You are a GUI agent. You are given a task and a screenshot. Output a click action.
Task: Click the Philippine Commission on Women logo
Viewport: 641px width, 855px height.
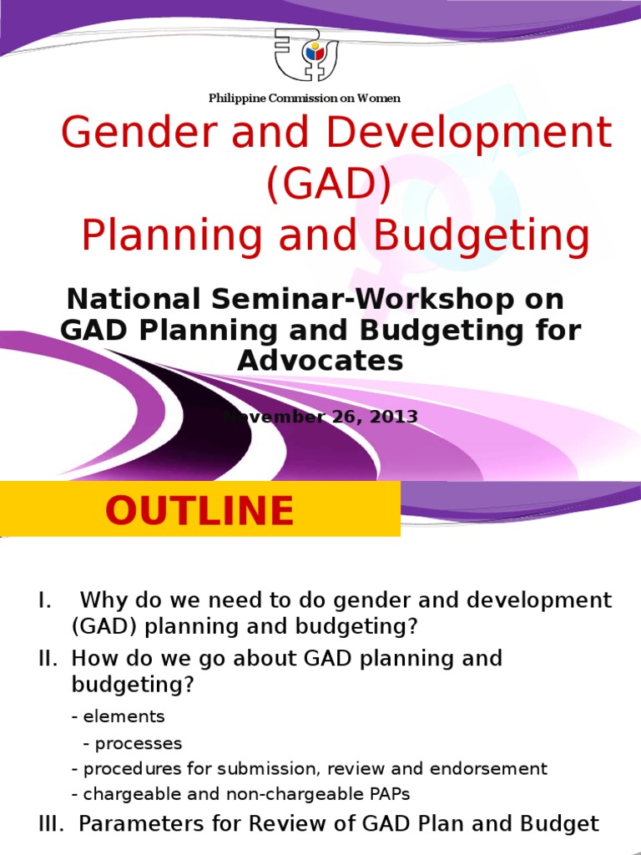306,55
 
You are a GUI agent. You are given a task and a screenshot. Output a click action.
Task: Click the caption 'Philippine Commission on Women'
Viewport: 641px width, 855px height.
305,99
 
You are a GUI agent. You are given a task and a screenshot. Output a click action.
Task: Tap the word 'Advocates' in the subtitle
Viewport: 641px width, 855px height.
320,361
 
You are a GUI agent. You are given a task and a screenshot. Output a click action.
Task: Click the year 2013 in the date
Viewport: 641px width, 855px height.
391,416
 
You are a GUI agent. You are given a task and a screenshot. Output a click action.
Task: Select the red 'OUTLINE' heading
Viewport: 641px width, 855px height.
199,511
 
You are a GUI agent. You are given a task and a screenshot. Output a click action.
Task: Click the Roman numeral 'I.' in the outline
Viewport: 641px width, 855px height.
45,600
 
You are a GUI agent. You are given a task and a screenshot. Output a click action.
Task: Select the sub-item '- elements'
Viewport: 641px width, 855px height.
119,716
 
